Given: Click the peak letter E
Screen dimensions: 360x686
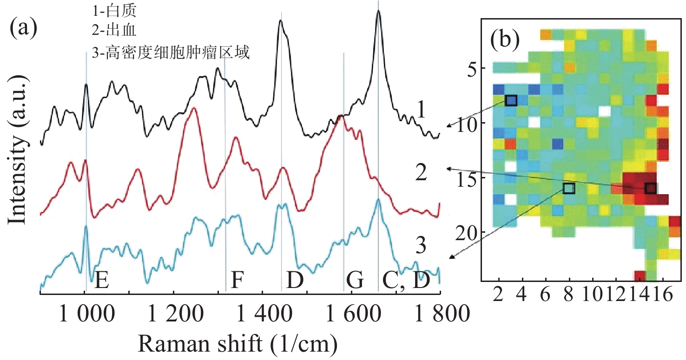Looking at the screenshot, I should click(102, 281).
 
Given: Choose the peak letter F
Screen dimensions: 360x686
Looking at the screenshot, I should click(237, 281).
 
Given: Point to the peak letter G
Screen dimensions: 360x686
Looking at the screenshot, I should click(355, 281).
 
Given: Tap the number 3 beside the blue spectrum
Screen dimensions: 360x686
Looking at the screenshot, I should click(421, 247).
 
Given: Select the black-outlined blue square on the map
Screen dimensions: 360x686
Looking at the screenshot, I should click(511, 100).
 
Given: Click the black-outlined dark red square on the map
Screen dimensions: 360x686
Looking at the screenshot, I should click(651, 188).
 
